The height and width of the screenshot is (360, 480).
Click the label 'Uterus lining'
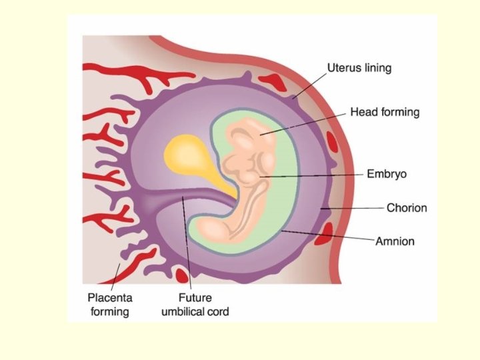[359, 68]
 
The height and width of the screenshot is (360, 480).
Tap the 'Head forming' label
[385, 112]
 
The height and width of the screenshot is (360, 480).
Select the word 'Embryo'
[387, 174]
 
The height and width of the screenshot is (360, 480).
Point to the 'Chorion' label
[407, 207]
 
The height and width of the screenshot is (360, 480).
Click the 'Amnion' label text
[395, 241]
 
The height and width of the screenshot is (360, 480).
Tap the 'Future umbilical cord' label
[195, 304]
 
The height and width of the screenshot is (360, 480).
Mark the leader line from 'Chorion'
[353, 208]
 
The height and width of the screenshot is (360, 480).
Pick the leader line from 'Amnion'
[327, 235]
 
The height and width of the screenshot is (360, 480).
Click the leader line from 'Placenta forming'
[120, 275]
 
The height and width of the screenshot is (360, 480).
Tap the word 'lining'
[377, 68]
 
